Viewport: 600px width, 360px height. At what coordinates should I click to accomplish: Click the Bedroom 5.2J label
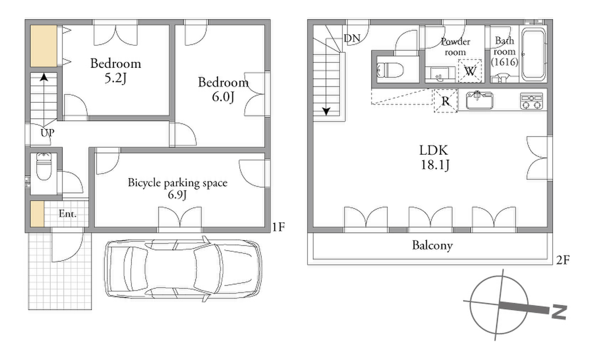point(115,71)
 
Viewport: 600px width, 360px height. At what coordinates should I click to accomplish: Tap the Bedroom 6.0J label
point(223,90)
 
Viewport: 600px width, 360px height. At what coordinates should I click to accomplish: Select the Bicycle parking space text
point(178,183)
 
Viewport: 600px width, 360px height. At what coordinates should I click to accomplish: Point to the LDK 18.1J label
point(434,158)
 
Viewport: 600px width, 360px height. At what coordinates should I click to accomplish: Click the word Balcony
point(433,245)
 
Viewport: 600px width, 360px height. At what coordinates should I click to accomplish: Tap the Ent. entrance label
point(68,214)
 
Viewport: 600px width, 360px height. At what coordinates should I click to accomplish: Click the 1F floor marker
point(278,227)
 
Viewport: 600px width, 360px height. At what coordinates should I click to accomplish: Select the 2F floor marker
point(563,260)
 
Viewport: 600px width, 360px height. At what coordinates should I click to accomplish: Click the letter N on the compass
point(559,312)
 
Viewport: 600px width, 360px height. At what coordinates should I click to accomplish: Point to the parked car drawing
point(183,268)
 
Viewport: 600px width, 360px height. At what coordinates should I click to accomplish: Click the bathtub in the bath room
point(534,54)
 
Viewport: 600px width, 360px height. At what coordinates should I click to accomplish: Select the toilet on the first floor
point(44,167)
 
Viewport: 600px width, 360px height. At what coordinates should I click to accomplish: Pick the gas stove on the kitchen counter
point(532,101)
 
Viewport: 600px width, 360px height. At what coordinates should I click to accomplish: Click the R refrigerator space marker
point(446,101)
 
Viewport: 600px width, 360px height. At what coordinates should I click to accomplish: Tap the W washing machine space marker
point(470,71)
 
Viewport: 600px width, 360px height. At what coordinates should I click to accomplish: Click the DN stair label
point(352,38)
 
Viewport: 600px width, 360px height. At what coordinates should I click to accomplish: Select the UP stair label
point(47,133)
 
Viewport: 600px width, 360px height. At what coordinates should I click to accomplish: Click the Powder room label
point(456,47)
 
